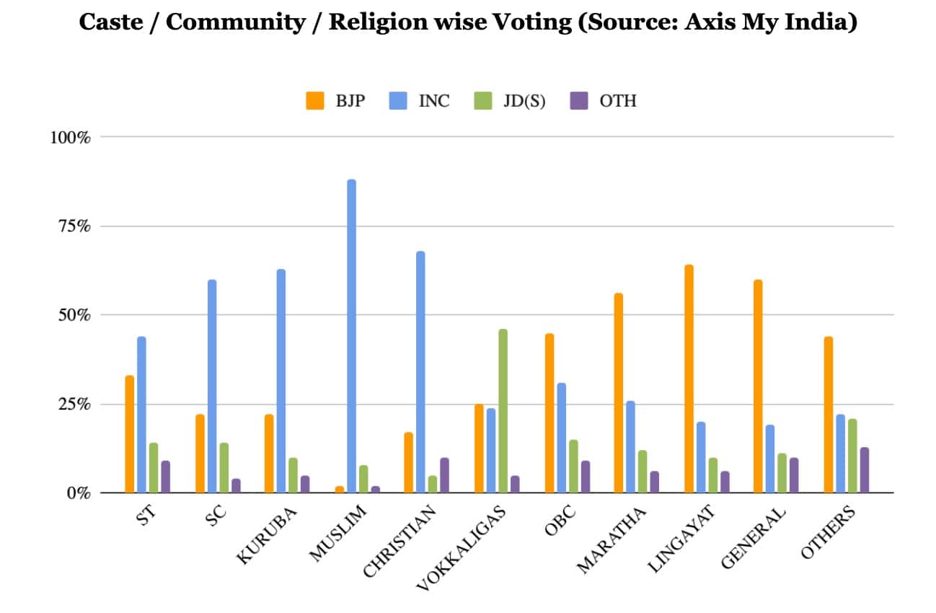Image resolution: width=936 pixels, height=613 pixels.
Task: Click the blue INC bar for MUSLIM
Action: (x=351, y=336)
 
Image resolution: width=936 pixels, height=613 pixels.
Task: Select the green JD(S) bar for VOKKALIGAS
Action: (x=503, y=411)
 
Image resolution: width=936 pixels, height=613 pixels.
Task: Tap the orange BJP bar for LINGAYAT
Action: (x=689, y=379)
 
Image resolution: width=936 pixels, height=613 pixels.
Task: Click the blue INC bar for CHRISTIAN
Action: (x=420, y=372)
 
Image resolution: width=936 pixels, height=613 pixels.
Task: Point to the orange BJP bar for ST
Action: (x=129, y=434)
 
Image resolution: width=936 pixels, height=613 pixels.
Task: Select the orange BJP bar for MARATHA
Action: (x=619, y=393)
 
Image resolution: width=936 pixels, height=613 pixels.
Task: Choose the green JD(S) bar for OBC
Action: (x=573, y=466)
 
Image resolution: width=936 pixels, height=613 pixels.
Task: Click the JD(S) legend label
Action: (x=525, y=101)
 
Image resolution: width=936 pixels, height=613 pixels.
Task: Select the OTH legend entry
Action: (x=617, y=101)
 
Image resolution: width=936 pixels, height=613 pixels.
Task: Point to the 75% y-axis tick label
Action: (x=70, y=226)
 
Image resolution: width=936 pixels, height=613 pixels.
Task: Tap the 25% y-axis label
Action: (x=70, y=404)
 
